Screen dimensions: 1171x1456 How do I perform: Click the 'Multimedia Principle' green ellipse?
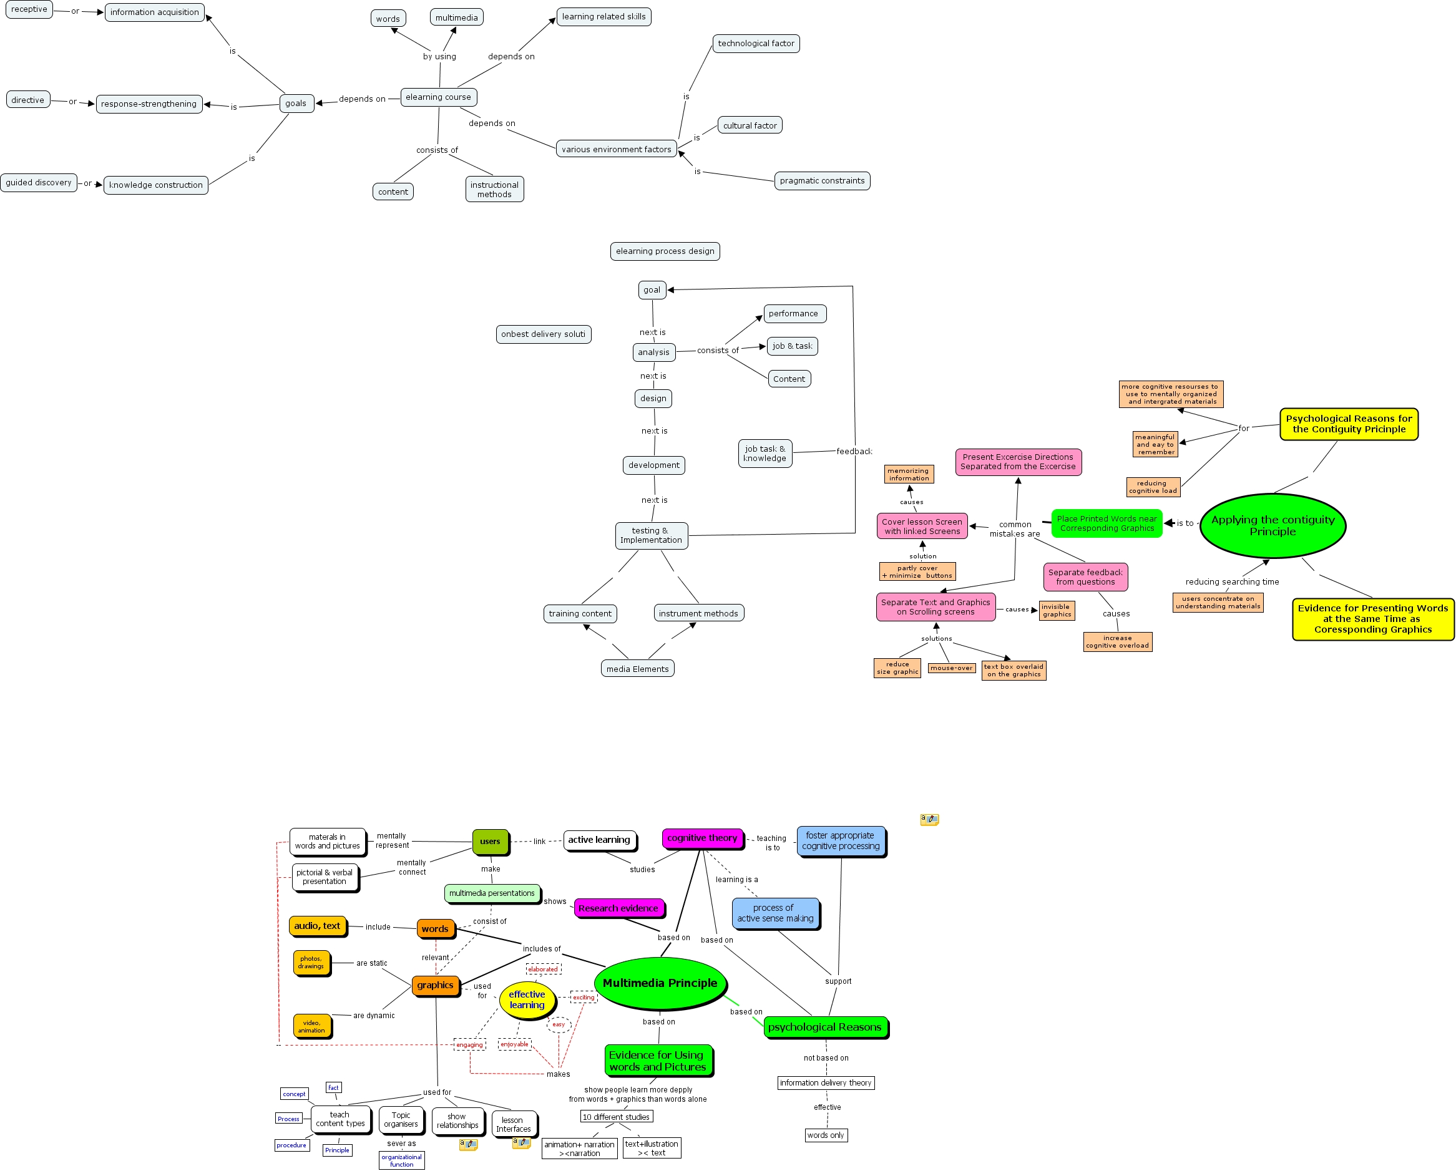[x=660, y=983]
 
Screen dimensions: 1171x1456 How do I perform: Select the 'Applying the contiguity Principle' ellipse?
[x=1273, y=526]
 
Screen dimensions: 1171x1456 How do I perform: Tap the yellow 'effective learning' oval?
[x=527, y=999]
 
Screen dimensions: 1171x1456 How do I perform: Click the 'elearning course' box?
[x=438, y=97]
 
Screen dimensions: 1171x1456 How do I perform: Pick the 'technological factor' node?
[x=756, y=44]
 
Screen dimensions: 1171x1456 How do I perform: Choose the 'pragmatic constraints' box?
[x=822, y=181]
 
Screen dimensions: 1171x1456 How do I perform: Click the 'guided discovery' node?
[x=39, y=183]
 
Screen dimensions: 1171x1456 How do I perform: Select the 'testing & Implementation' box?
[x=651, y=535]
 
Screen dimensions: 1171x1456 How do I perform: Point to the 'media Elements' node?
[x=637, y=669]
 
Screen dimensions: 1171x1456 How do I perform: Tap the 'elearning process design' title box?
[x=665, y=251]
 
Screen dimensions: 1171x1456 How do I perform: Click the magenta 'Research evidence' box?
[x=618, y=908]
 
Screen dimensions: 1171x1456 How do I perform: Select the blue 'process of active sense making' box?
[x=774, y=913]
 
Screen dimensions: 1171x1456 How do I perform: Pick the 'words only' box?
[x=825, y=1135]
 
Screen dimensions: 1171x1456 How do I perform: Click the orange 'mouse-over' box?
[x=951, y=668]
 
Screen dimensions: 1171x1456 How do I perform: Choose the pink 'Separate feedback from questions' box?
[x=1085, y=577]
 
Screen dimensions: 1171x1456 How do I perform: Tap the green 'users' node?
[x=490, y=842]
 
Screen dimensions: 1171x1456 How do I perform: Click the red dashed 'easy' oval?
[x=559, y=1024]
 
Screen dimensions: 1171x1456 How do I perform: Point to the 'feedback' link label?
[x=854, y=452]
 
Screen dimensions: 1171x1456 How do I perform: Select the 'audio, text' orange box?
[x=317, y=926]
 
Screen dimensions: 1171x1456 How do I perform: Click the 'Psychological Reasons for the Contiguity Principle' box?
[x=1348, y=424]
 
